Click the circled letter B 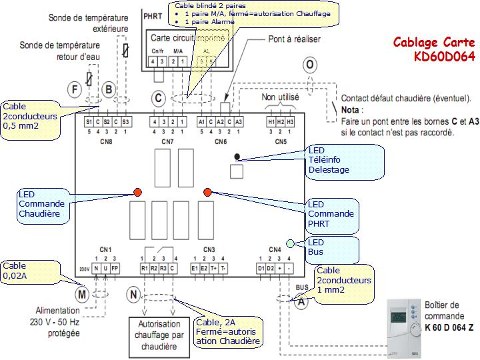109,88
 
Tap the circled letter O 310,65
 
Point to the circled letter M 82,293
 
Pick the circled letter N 135,294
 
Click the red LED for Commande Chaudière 138,193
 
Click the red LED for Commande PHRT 207,193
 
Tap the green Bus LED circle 290,243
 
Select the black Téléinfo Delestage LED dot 238,157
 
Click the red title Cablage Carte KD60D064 434,49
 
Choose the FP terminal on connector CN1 115,268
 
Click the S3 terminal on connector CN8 126,122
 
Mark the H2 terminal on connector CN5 281,122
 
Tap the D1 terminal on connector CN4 261,268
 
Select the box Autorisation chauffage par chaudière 158,335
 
